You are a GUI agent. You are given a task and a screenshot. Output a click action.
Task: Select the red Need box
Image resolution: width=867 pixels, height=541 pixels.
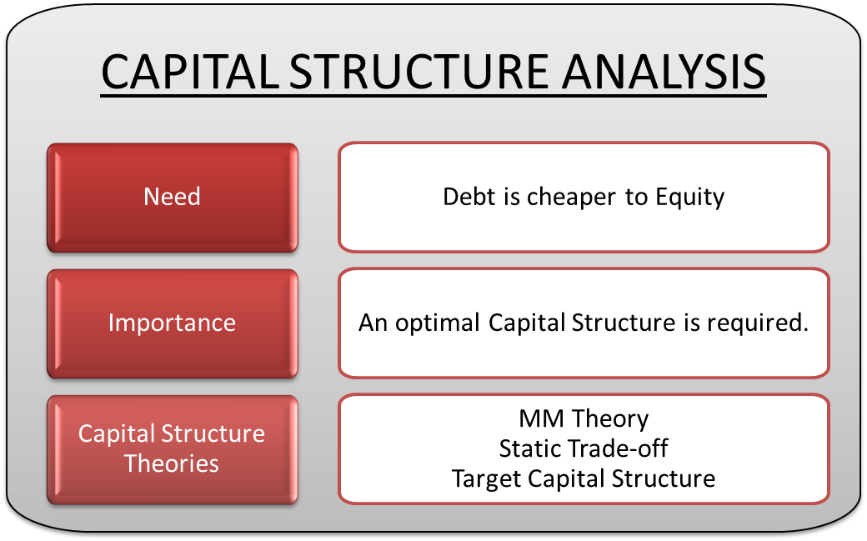[x=173, y=197]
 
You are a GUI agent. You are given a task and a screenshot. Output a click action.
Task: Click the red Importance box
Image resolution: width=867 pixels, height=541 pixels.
[x=173, y=323]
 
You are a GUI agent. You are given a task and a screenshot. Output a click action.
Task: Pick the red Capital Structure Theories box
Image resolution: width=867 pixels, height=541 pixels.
[x=173, y=448]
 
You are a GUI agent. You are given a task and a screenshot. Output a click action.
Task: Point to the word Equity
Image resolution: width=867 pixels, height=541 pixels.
[x=689, y=197]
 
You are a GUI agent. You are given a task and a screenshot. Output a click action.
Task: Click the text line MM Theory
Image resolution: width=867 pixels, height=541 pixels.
[x=584, y=418]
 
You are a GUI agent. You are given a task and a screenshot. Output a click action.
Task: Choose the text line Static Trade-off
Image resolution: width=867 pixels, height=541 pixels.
[x=584, y=448]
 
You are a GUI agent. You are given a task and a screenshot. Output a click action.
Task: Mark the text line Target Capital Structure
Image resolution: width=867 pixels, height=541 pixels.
[x=584, y=478]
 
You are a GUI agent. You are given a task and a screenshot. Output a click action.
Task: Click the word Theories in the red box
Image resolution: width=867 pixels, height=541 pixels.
[x=172, y=463]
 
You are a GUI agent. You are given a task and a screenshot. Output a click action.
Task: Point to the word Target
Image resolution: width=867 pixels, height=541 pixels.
[x=482, y=478]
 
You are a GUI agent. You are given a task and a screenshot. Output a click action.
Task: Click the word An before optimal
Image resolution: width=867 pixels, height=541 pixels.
[x=373, y=323]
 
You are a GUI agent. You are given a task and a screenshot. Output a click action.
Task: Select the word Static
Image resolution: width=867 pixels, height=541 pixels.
[x=527, y=448]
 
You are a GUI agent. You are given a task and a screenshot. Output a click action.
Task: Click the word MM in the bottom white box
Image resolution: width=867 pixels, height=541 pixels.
[x=537, y=418]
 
